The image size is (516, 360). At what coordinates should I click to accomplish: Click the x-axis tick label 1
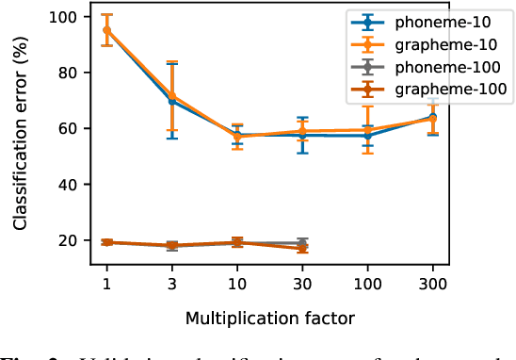pyautogui.click(x=106, y=283)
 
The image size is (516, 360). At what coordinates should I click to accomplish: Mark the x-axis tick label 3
pyautogui.click(x=171, y=283)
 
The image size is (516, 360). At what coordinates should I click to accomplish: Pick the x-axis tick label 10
pyautogui.click(x=237, y=283)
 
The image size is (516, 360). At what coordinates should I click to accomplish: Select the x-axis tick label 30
pyautogui.click(x=302, y=283)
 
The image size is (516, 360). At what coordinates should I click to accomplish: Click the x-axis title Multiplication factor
pyautogui.click(x=269, y=318)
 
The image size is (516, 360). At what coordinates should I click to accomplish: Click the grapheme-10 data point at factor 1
pyautogui.click(x=106, y=30)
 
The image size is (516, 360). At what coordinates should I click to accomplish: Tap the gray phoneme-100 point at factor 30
pyautogui.click(x=302, y=243)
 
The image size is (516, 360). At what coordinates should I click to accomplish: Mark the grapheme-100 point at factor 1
pyautogui.click(x=106, y=242)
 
